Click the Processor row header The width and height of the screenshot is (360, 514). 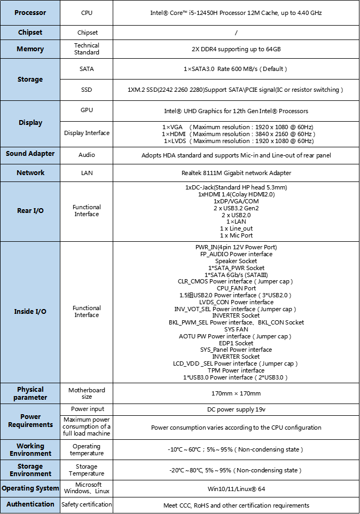click(30, 12)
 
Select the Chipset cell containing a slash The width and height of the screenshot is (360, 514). click(236, 33)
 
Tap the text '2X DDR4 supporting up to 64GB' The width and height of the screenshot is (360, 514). click(236, 49)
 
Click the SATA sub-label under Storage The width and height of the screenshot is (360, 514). click(87, 69)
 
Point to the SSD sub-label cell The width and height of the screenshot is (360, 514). click(87, 90)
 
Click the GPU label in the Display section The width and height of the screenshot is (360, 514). click(87, 110)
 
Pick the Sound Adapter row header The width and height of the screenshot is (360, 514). click(30, 154)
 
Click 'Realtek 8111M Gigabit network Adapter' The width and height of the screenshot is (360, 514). click(236, 173)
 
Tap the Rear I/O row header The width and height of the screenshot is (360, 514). click(30, 211)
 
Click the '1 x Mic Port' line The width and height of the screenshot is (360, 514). click(236, 235)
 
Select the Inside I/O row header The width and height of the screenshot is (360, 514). click(30, 311)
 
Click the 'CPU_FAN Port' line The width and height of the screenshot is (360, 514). click(236, 288)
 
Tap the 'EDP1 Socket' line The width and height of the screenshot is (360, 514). click(236, 343)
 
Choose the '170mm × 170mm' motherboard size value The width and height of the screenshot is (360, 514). click(236, 393)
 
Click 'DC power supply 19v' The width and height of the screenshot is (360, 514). click(236, 409)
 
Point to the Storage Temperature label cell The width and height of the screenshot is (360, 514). click(87, 470)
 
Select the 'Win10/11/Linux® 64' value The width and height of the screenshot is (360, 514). click(236, 488)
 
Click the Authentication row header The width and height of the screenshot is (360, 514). click(30, 504)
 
